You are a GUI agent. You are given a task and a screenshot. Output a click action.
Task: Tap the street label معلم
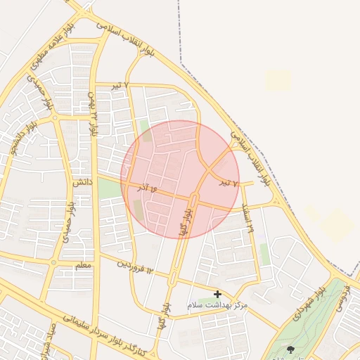point(82,266)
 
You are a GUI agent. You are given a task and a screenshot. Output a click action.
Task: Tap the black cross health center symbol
point(217,294)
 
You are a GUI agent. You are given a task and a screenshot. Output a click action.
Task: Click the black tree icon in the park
point(291,349)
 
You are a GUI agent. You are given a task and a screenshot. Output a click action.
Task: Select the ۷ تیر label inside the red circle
point(226,184)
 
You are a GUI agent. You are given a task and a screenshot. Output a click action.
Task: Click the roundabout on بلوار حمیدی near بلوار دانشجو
point(54,119)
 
